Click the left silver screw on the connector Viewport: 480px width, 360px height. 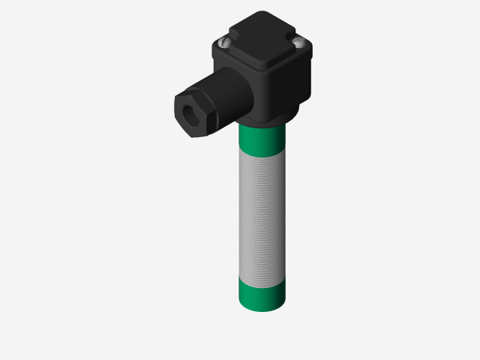click(x=224, y=43)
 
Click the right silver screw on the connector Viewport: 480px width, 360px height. click(x=300, y=43)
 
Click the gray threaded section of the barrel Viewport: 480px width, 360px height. click(x=262, y=217)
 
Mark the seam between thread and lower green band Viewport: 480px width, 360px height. click(x=262, y=283)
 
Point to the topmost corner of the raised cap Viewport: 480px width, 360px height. click(x=262, y=13)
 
